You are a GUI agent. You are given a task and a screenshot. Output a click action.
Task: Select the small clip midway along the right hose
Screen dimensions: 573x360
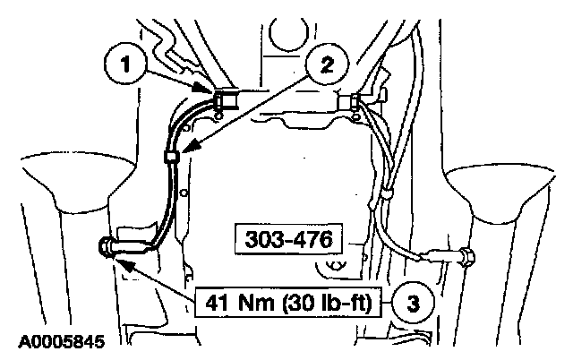(388, 192)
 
